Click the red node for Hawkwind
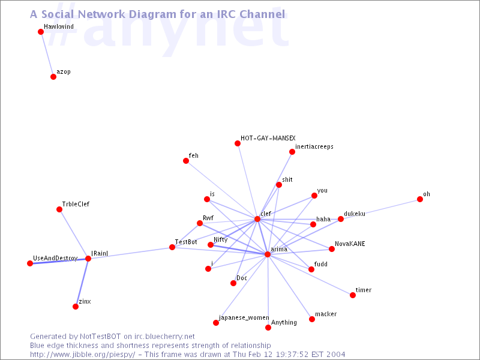(41, 32)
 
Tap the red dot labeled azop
(53, 77)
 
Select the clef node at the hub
(257, 219)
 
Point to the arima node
(268, 254)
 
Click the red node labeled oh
(420, 199)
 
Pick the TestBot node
(172, 247)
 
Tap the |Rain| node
(88, 259)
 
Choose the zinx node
(76, 307)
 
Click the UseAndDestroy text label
(55, 259)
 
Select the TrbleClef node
(59, 209)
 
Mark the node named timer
(353, 295)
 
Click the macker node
(312, 319)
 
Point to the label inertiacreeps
(314, 146)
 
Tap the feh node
(186, 161)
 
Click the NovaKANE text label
(350, 244)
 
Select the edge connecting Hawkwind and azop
(47, 55)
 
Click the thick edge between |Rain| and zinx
(82, 283)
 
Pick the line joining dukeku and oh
(380, 209)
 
